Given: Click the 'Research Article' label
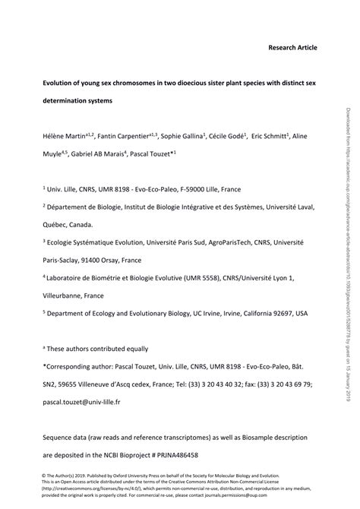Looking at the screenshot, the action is tap(292, 47).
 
